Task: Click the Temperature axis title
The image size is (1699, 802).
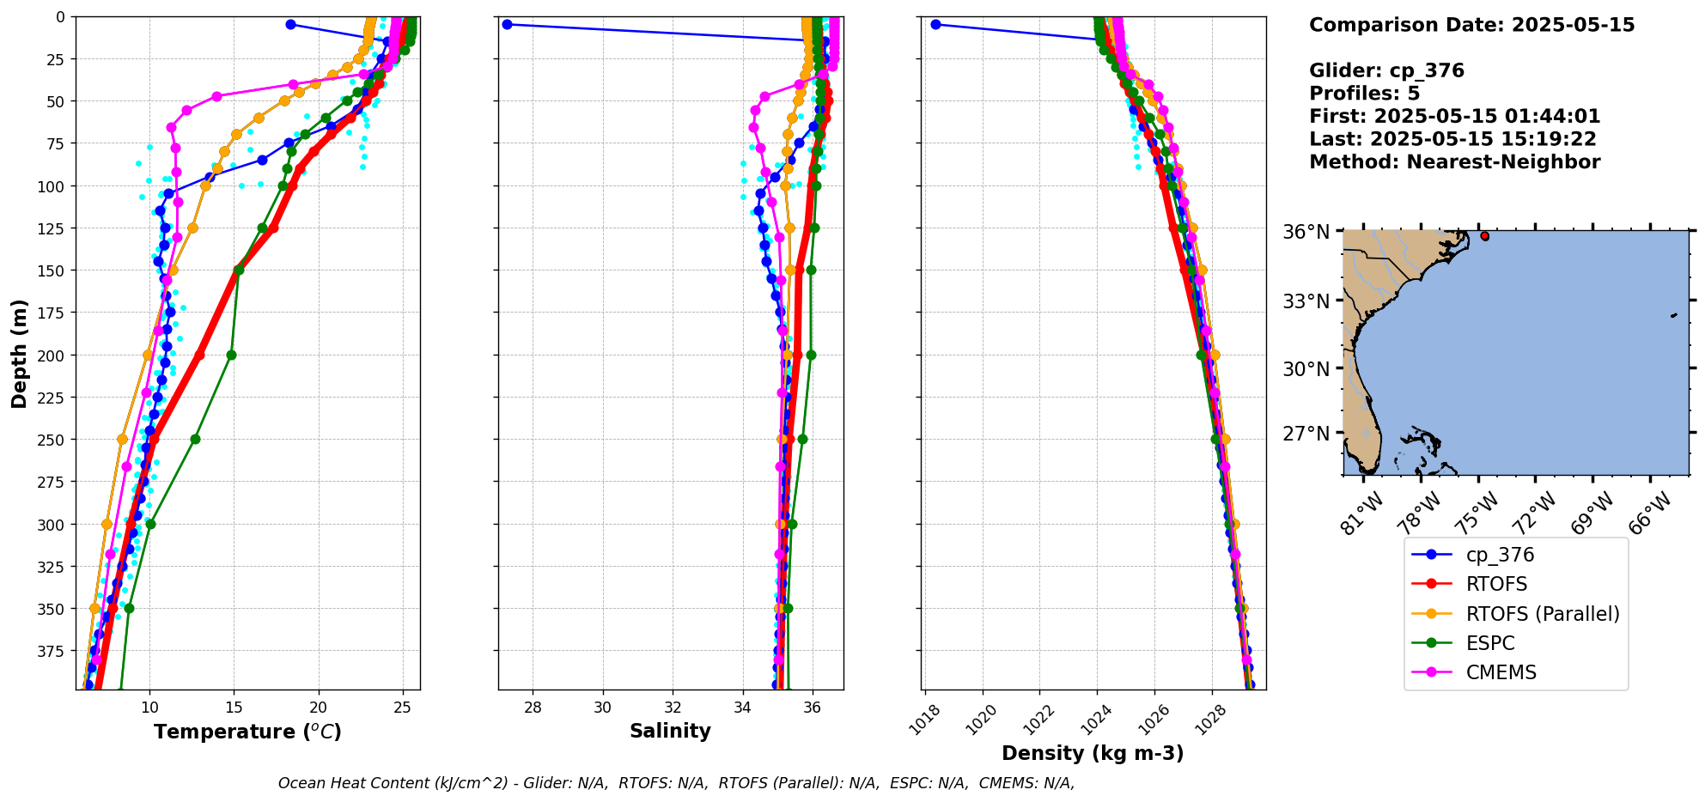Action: coord(247,732)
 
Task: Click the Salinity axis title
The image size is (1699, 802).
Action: coord(670,732)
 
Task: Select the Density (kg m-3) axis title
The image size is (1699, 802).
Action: coord(1093,753)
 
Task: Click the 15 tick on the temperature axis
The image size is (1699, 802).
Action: coord(234,708)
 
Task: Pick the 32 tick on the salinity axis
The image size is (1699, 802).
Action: coord(673,708)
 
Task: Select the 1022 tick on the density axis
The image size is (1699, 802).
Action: coord(1038,720)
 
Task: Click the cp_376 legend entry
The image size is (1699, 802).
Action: coord(1500,556)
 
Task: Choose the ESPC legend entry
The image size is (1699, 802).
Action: coord(1490,643)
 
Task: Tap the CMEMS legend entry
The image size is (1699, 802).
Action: coord(1501,672)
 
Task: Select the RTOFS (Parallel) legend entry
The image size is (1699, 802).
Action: coord(1543,614)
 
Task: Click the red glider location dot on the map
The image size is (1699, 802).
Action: coord(1484,235)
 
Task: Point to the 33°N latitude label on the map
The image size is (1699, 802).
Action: coord(1306,301)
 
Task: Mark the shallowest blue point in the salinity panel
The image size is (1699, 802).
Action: coord(507,24)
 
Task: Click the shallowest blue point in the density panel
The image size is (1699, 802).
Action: coord(935,24)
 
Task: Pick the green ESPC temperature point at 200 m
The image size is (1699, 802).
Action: coord(231,355)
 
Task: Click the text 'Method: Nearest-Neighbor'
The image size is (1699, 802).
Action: coord(1454,162)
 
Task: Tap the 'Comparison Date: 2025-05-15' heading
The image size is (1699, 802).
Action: coord(1471,25)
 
